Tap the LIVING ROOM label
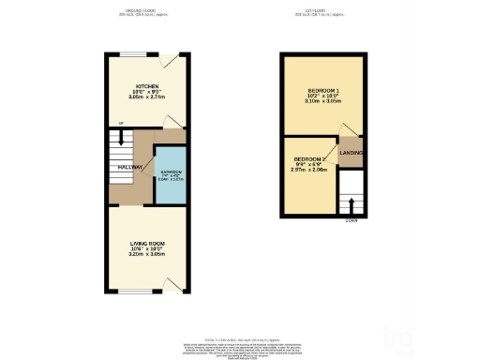pyautogui.click(x=147, y=242)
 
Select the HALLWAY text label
pyautogui.click(x=130, y=168)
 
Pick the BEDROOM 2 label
pyautogui.click(x=309, y=158)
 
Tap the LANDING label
pyautogui.click(x=351, y=152)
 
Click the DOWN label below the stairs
pyautogui.click(x=351, y=221)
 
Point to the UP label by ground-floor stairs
pyautogui.click(x=109, y=124)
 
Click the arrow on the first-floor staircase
pyautogui.click(x=351, y=202)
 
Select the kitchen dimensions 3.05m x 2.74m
pyautogui.click(x=147, y=97)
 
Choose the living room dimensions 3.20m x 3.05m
pyautogui.click(x=147, y=254)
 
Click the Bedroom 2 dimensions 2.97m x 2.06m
pyautogui.click(x=309, y=171)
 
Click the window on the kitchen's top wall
pyautogui.click(x=137, y=53)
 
